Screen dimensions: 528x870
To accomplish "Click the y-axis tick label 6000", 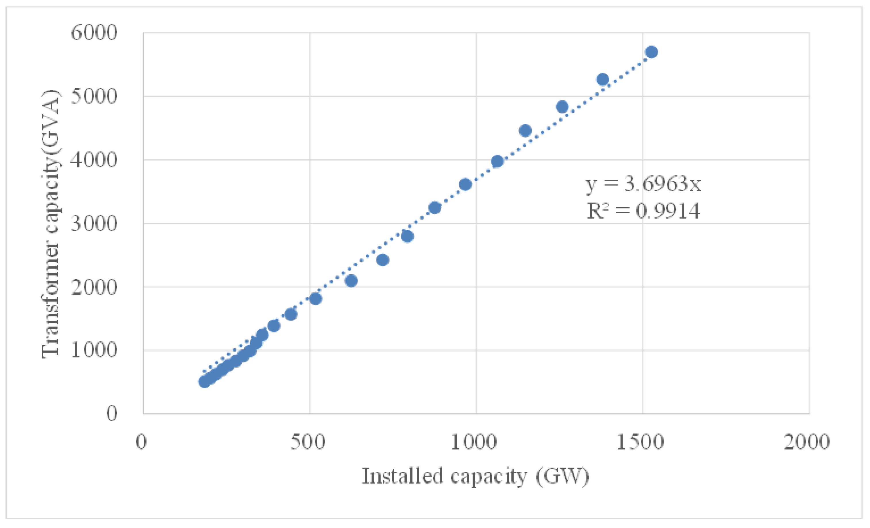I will click(94, 33).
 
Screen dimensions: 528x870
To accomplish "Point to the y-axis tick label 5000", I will click(94, 96).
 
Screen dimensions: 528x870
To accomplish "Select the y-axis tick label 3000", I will click(94, 223).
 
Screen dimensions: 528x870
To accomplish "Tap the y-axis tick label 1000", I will click(94, 350).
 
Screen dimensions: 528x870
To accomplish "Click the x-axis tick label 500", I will click(308, 442).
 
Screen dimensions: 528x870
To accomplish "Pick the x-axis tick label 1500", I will click(640, 442).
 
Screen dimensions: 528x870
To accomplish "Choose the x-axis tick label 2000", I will click(806, 442).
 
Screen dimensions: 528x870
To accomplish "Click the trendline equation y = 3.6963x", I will click(643, 184).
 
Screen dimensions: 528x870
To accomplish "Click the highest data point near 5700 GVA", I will click(652, 52).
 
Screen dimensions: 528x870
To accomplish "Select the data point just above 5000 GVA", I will click(602, 79).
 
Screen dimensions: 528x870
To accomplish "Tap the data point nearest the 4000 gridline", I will click(497, 161).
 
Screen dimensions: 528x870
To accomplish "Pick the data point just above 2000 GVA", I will click(351, 281).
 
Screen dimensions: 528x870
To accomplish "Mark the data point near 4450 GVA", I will click(525, 131).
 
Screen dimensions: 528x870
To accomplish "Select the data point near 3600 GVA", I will click(465, 184).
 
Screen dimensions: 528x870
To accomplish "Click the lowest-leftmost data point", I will click(204, 381).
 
